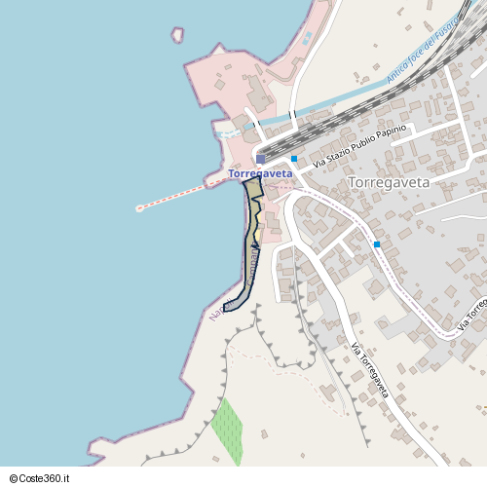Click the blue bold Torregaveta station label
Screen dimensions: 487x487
pyautogui.click(x=260, y=173)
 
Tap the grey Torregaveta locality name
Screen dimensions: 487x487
pyautogui.click(x=388, y=182)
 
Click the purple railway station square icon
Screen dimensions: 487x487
pyautogui.click(x=260, y=159)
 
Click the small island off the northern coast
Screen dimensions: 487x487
pyautogui.click(x=177, y=35)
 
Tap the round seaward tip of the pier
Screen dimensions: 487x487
pyautogui.click(x=139, y=207)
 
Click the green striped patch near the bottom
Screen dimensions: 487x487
pyautogui.click(x=228, y=430)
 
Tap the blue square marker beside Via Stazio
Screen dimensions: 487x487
pyautogui.click(x=294, y=158)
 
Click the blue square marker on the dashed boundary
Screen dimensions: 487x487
pyautogui.click(x=376, y=244)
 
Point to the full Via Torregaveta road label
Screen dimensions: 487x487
pyautogui.click(x=370, y=371)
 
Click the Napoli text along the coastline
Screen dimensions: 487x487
pyautogui.click(x=215, y=314)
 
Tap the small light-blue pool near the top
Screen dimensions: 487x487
pyautogui.click(x=308, y=38)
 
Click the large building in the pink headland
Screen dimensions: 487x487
pyautogui.click(x=258, y=93)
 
